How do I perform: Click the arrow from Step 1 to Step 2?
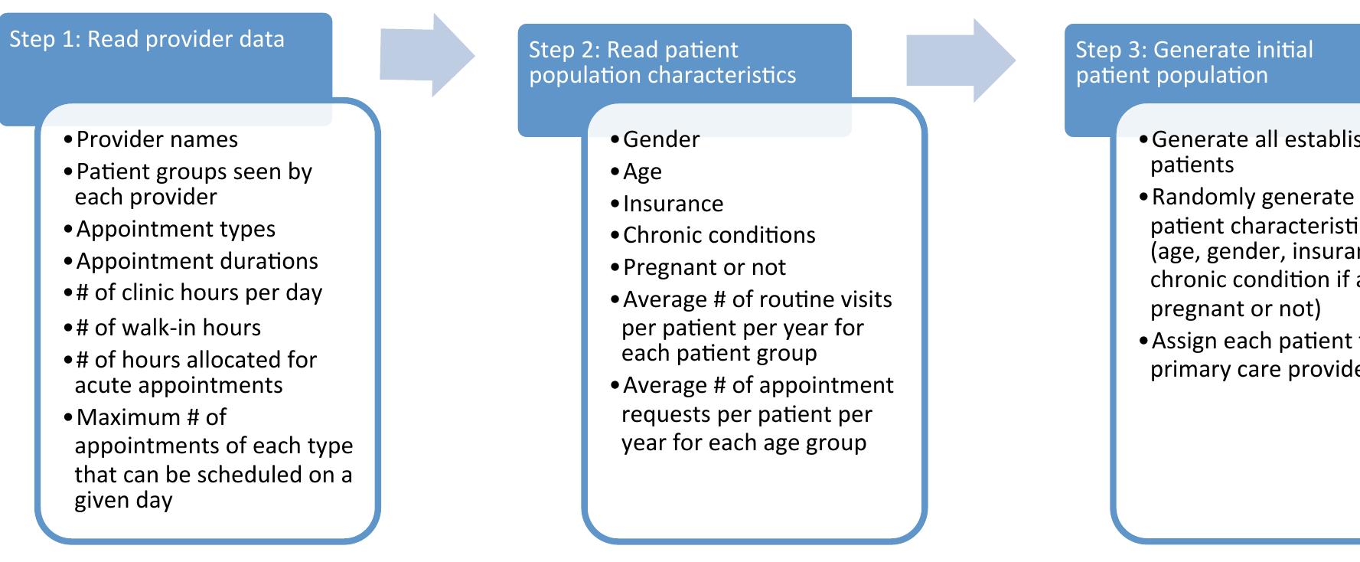426,55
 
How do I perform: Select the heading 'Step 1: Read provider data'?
147,40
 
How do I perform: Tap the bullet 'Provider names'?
157,139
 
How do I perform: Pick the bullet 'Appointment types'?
175,229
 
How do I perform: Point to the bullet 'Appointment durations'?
197,261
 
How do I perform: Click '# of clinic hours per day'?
199,292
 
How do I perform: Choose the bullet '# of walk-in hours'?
168,328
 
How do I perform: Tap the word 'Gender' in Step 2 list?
661,139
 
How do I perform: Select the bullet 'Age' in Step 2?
642,172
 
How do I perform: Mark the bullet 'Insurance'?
673,204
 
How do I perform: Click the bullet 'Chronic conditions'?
719,235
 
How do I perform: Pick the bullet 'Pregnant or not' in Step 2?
704,267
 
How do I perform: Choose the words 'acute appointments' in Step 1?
178,385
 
